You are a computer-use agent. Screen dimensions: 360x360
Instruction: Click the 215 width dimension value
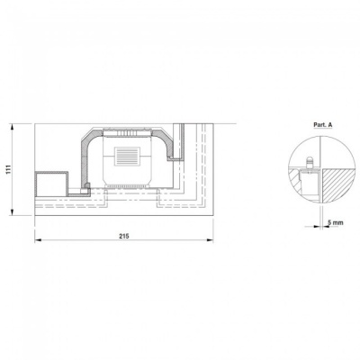(x=123, y=236)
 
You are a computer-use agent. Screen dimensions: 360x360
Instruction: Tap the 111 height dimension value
(x=9, y=169)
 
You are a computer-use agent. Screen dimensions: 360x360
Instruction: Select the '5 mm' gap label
(x=335, y=222)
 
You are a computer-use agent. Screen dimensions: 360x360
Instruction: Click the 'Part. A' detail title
(x=323, y=125)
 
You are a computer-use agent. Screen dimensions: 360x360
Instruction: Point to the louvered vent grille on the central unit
(x=127, y=156)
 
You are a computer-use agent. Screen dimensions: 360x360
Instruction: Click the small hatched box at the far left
(x=51, y=184)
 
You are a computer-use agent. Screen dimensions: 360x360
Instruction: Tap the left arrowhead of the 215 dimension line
(x=38, y=239)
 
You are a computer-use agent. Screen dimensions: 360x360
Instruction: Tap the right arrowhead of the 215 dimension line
(x=210, y=239)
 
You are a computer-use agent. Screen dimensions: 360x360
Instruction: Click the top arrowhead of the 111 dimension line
(x=13, y=127)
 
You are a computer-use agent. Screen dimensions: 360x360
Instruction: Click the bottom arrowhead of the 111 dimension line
(x=13, y=211)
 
